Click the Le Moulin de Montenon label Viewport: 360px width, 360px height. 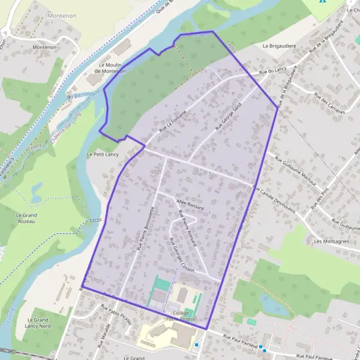112,68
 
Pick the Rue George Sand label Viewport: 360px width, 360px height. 228,117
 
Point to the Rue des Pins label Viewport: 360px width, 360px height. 322,198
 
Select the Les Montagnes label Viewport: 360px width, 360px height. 331,241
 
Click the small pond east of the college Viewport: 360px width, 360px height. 272,305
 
